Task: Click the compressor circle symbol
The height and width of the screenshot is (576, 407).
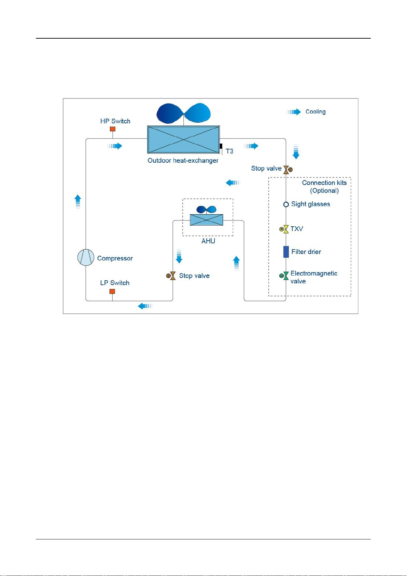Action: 86,257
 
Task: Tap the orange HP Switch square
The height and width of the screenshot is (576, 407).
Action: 112,129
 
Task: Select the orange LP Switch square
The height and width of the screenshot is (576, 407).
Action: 112,291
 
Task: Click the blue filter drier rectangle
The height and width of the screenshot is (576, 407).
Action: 286,252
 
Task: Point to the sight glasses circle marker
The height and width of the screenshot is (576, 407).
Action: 286,204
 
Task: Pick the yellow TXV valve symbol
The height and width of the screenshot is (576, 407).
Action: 284,229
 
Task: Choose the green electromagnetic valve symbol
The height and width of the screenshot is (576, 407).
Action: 284,276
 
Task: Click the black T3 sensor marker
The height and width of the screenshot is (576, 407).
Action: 221,146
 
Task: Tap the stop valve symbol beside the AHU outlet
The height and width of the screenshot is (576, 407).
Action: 171,276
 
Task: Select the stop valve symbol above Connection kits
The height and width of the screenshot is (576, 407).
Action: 288,170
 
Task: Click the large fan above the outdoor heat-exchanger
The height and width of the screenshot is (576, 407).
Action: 184,113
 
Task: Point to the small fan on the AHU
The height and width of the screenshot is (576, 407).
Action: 206,210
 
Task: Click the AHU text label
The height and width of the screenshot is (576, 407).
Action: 208,241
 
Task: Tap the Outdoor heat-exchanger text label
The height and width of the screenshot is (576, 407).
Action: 183,160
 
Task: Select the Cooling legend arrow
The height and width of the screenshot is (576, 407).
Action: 294,112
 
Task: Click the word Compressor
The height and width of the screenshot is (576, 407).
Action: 115,258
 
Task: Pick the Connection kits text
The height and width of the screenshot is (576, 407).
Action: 324,183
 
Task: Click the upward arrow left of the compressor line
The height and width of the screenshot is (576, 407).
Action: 78,202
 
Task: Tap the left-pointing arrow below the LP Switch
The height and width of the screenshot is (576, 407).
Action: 145,306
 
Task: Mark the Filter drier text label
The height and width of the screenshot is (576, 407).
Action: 306,252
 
